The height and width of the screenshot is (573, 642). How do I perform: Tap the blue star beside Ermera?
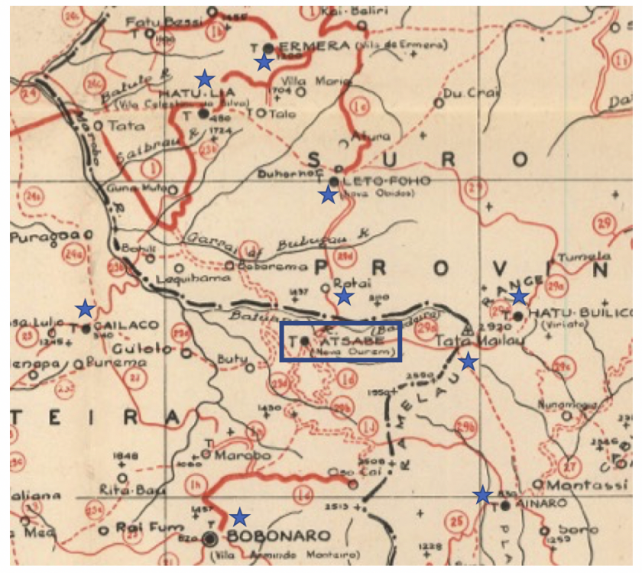(x=264, y=62)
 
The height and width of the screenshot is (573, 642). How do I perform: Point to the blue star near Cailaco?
(x=85, y=309)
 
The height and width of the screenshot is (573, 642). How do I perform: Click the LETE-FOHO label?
(x=378, y=181)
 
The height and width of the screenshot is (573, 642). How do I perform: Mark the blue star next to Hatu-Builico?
(x=519, y=296)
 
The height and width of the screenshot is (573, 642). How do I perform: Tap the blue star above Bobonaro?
(x=240, y=516)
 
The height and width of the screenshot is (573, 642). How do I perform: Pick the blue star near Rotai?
(x=344, y=295)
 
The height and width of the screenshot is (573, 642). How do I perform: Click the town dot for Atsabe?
(x=304, y=340)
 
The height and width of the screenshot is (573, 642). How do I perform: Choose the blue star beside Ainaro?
(x=482, y=494)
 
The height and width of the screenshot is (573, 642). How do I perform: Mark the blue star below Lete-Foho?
(x=328, y=195)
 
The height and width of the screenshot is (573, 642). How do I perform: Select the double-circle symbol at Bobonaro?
(x=210, y=538)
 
